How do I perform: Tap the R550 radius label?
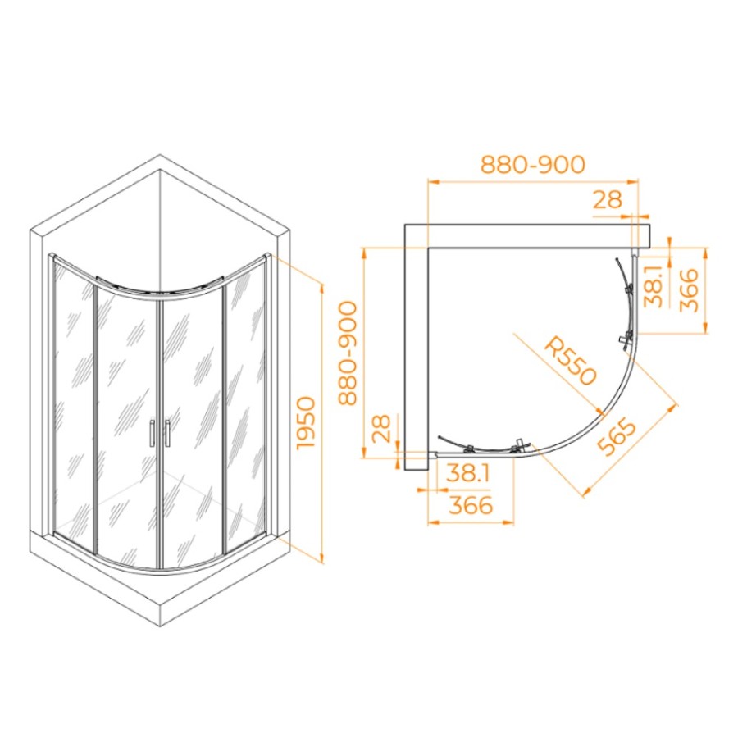point(570,361)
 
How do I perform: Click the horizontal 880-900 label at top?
point(532,165)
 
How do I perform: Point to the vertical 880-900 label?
point(348,353)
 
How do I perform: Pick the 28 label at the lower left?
point(381,428)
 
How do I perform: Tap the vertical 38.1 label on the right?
point(654,285)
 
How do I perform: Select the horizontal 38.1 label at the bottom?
point(468,472)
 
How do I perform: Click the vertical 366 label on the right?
point(689,290)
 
